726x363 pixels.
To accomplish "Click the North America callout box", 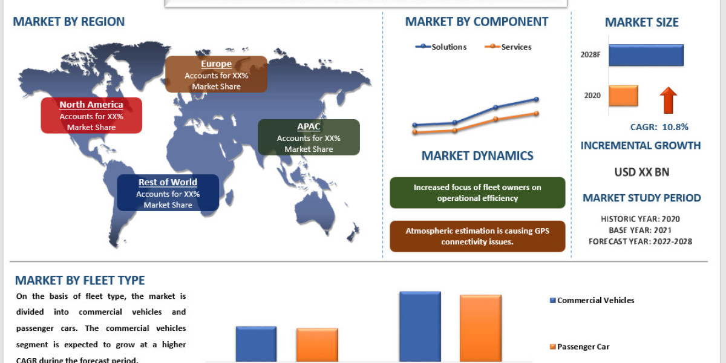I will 91,116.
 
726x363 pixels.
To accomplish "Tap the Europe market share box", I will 216,74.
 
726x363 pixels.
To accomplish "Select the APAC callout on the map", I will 309,137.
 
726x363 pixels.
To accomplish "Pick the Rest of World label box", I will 168,193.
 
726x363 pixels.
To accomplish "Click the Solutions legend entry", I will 441,47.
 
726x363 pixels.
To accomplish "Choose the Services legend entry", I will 509,47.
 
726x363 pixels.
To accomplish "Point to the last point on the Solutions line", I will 536,99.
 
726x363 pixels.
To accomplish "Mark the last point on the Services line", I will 536,113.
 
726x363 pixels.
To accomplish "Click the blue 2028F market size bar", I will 646,54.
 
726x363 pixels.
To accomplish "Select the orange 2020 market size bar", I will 623,96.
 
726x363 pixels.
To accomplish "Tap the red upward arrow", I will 668,100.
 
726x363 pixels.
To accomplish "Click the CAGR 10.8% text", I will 659,127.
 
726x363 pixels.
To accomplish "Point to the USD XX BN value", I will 641,172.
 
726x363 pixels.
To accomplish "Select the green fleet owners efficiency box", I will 477,192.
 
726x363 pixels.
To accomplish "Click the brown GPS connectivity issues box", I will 477,236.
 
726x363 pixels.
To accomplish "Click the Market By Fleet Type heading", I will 80,280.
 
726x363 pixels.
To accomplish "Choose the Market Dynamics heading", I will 477,155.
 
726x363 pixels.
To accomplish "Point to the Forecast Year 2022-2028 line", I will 641,241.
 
